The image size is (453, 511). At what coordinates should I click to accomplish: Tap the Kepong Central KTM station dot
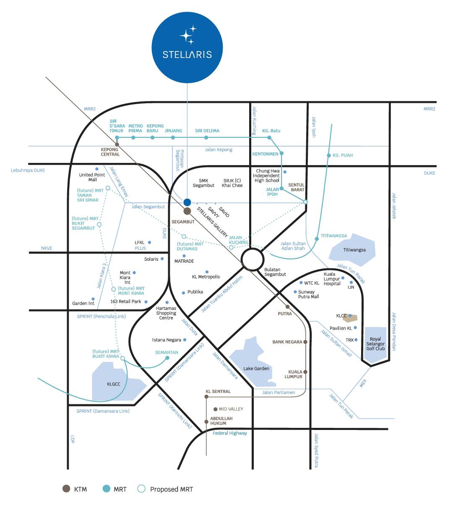point(117,144)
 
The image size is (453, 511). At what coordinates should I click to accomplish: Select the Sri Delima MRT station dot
point(206,137)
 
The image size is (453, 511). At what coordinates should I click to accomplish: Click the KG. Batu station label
point(271,131)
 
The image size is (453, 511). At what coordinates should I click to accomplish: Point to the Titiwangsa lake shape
point(353,249)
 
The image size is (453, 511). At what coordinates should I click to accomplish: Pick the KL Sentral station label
point(218,391)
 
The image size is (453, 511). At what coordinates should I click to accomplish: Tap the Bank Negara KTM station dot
point(305,342)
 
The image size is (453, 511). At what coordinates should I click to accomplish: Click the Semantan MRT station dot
point(167,358)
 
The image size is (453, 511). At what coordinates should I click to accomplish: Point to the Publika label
point(195,292)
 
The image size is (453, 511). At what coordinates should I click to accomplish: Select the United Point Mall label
point(92,177)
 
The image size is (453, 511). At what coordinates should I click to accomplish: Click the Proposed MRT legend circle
point(141,489)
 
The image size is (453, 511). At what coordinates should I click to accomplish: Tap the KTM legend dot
point(66,489)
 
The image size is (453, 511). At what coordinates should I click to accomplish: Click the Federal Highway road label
point(230,433)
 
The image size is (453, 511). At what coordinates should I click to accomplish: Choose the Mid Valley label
point(231,409)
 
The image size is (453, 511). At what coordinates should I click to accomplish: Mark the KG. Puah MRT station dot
point(329,155)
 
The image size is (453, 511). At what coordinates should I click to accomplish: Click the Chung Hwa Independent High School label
point(267,176)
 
